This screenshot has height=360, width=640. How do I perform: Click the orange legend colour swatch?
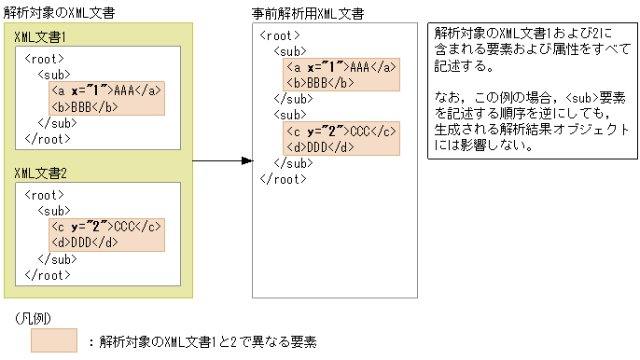click(54, 340)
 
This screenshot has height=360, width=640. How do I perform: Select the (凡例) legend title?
click(37, 318)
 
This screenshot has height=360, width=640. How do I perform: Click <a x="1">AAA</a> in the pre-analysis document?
click(342, 66)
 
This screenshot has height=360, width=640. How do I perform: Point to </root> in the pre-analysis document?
click(282, 178)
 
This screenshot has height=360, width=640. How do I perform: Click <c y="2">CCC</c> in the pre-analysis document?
click(342, 131)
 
